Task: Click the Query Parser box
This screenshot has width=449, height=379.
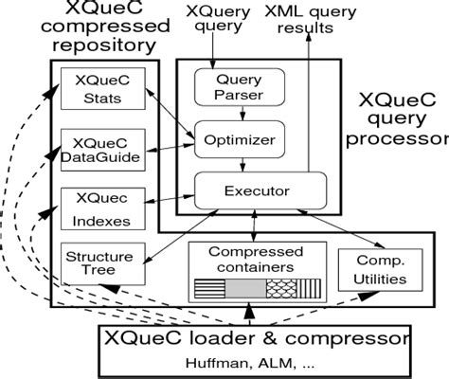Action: (239, 88)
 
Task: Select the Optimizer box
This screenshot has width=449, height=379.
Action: (240, 140)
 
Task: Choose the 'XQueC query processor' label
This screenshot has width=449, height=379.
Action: (398, 118)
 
